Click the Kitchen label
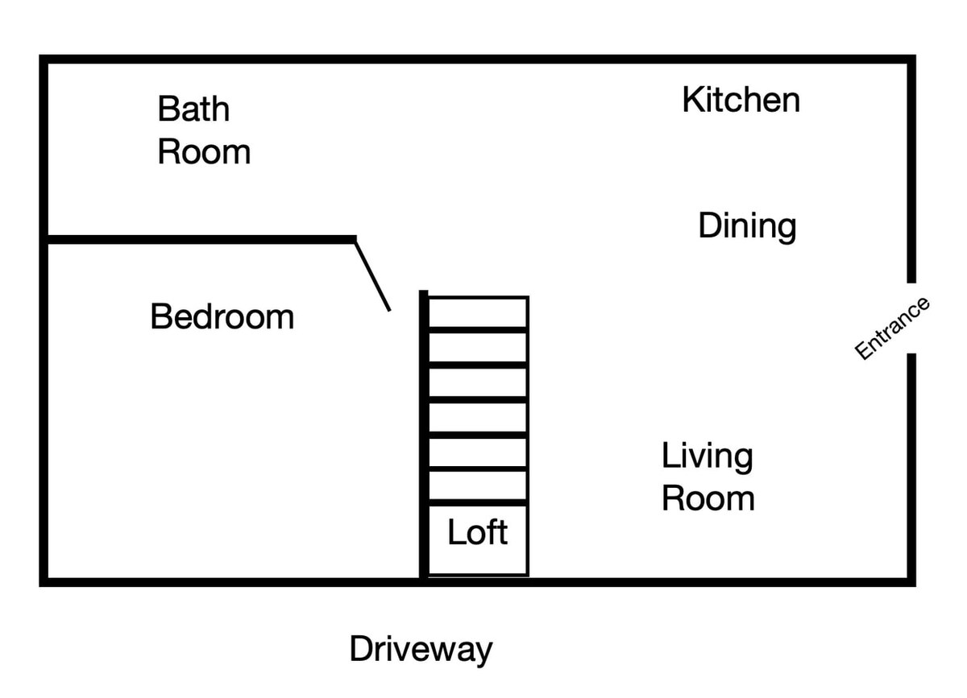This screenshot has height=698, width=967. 741,99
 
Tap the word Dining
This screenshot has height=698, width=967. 747,226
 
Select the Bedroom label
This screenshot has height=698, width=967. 222,316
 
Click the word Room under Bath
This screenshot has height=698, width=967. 204,152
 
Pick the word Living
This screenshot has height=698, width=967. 708,456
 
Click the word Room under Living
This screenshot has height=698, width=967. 708,498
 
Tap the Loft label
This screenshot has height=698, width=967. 477,532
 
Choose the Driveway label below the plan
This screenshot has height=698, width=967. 421,650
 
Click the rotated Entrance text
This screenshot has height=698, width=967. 892,328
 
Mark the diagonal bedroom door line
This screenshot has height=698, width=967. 373,276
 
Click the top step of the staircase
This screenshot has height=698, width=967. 478,312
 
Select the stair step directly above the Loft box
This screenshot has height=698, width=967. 478,485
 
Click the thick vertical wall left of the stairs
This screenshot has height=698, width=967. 424,435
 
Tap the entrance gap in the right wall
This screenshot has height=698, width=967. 911,318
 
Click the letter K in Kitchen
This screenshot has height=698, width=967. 692,99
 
